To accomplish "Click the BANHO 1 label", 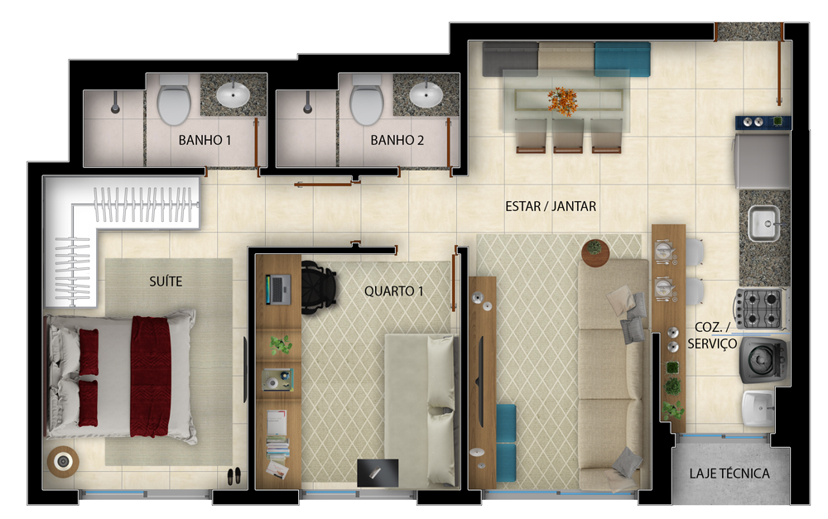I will (205, 141).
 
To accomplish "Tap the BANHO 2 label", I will (397, 141).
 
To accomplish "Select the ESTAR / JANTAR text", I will (551, 206).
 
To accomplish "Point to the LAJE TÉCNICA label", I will (729, 474).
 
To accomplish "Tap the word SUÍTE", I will (166, 282).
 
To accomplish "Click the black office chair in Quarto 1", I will (315, 287).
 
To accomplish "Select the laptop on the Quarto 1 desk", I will (277, 289).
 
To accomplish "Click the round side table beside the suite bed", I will (63, 461).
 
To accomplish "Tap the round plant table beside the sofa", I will (594, 252).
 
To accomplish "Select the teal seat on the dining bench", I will (622, 60).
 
